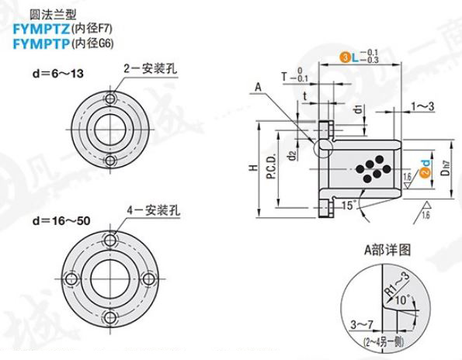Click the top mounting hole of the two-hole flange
(110, 98)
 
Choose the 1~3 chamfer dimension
(423, 104)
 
